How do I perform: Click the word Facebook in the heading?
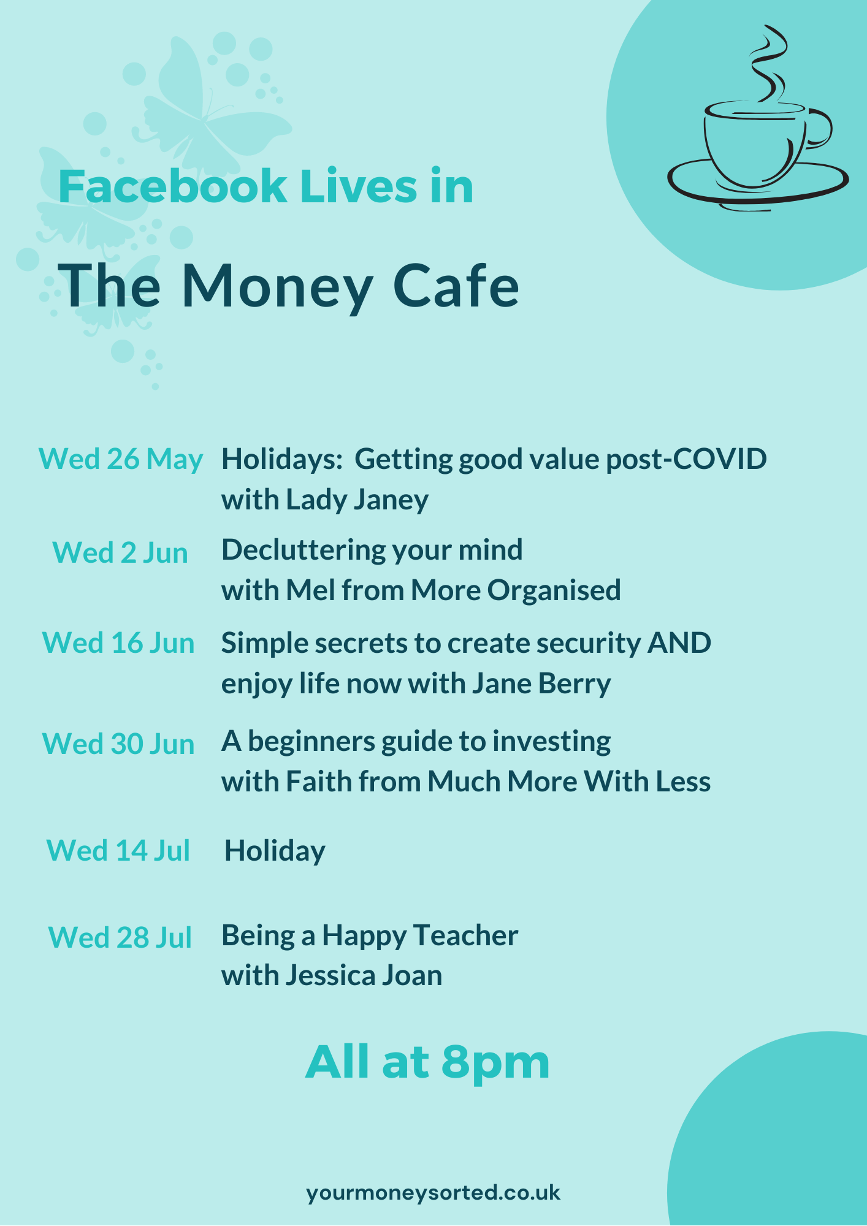pos(172,186)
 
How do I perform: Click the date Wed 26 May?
pos(121,459)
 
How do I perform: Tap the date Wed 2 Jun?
pos(120,552)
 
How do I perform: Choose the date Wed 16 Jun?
pos(118,643)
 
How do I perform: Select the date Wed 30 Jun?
pos(118,744)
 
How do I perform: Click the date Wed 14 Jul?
pos(118,850)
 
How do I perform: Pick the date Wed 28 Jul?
pos(120,937)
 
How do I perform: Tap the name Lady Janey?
pos(357,500)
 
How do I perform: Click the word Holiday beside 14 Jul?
pos(275,851)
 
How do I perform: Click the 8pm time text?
pos(495,1062)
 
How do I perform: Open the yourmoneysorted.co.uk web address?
pos(433,1192)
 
